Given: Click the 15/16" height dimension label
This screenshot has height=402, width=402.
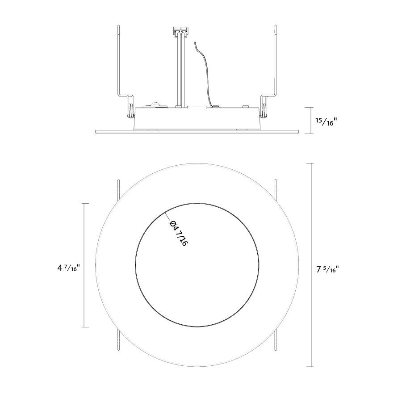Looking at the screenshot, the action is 326,121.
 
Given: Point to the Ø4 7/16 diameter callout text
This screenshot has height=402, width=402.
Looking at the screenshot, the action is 179,233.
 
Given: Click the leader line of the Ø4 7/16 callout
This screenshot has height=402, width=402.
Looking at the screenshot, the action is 168,216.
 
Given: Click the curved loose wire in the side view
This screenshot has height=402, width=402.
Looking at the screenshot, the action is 203,74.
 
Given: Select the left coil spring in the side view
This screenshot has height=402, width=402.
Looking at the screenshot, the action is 131,110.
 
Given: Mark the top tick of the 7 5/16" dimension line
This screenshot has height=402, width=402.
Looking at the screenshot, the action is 311,163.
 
